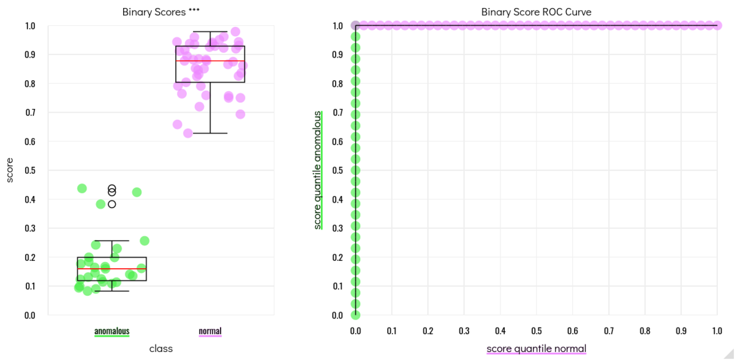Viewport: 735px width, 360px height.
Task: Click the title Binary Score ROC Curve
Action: (536, 12)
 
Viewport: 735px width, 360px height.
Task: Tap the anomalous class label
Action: (111, 331)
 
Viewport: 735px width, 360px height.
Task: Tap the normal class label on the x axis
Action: (210, 331)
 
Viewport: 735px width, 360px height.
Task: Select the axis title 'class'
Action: (161, 348)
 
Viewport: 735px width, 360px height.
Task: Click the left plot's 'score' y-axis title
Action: (10, 170)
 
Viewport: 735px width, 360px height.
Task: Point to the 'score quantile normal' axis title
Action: (536, 348)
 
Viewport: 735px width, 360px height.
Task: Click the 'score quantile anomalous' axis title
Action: (317, 170)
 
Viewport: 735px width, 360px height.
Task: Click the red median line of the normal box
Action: (210, 61)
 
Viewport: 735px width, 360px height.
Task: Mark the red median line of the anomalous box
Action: (111, 269)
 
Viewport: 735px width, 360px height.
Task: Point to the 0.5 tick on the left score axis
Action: (29, 170)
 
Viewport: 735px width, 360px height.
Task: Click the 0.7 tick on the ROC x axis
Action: (609, 331)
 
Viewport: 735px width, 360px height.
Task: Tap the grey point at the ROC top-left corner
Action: (355, 25)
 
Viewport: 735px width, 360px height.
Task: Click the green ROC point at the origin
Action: (355, 315)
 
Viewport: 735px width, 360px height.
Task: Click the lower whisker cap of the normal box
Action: (210, 133)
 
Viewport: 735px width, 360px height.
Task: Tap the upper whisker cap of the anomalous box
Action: (111, 241)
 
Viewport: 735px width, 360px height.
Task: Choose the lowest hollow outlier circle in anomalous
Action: (111, 204)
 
